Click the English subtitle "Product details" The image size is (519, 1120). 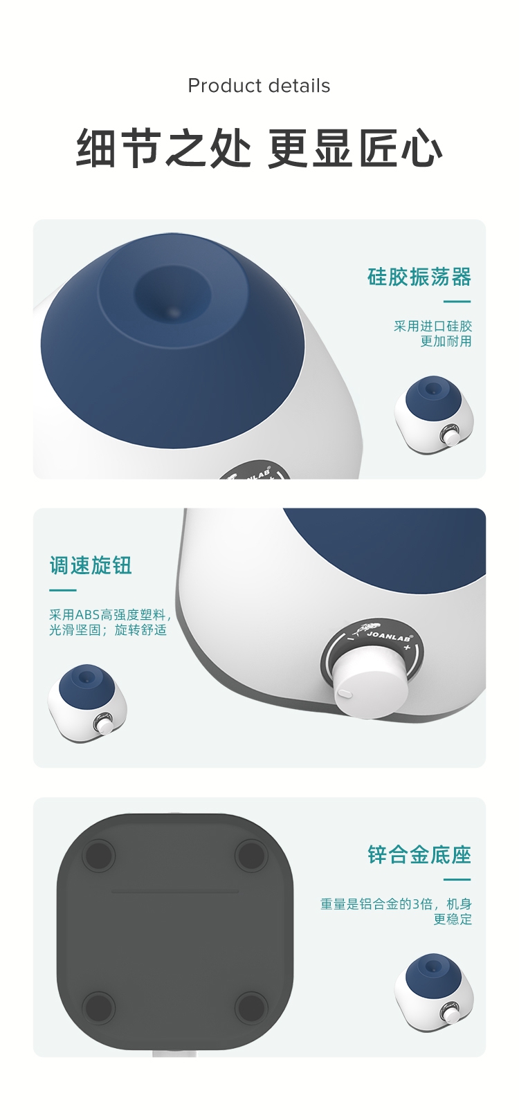click(x=259, y=86)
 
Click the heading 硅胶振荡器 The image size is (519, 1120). click(x=419, y=277)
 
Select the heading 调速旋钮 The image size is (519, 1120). click(x=91, y=565)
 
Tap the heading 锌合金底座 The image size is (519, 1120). click(x=419, y=854)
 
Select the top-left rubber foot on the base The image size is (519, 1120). click(x=99, y=855)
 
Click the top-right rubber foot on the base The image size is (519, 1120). click(x=251, y=855)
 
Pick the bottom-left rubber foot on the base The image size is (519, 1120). click(x=99, y=1008)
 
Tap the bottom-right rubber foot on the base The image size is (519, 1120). click(x=251, y=1008)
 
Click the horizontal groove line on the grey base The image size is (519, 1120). click(x=175, y=892)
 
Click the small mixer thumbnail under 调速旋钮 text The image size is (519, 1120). click(x=87, y=704)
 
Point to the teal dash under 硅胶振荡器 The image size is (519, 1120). click(x=457, y=302)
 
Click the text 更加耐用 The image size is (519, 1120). click(x=446, y=341)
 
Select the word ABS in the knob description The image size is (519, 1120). click(x=87, y=614)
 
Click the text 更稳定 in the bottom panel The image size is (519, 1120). click(x=453, y=919)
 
